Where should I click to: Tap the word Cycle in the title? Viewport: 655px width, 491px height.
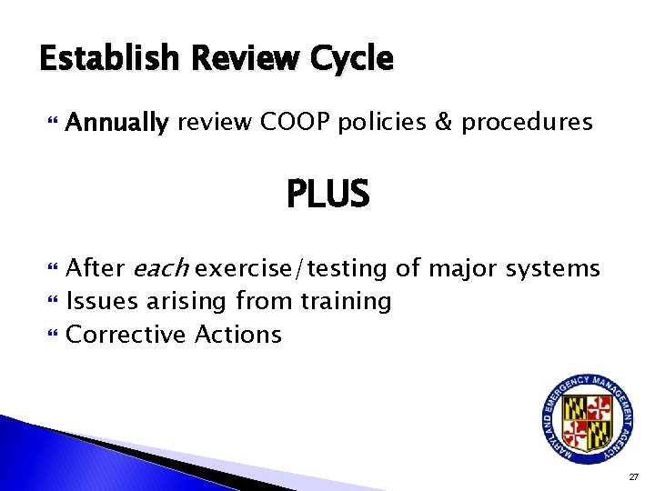point(349,60)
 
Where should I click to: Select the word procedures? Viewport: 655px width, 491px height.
point(528,123)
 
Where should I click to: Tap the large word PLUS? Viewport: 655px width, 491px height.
point(327,194)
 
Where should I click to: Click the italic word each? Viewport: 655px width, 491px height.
point(162,268)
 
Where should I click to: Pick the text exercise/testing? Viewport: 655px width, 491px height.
point(296,269)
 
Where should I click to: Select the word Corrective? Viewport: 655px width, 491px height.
point(126,335)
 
